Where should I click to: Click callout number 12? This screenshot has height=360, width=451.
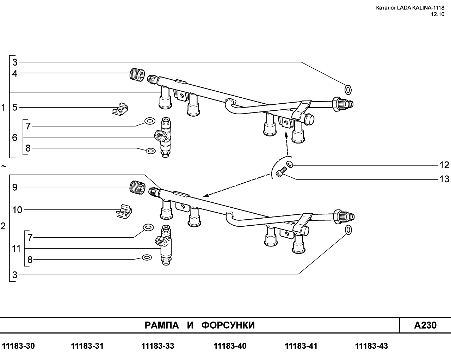click(444, 165)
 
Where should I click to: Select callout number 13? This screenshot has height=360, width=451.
click(444, 179)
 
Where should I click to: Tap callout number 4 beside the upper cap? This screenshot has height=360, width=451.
click(15, 74)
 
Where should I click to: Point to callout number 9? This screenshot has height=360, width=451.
click(15, 187)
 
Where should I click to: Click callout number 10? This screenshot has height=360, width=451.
click(17, 210)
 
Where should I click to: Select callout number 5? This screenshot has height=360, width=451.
click(15, 108)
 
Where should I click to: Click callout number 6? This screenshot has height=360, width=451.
click(15, 138)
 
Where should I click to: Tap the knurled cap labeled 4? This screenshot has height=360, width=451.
click(137, 75)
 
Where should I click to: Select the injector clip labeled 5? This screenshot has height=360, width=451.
click(120, 110)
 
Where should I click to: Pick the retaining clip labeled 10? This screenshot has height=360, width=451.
click(124, 212)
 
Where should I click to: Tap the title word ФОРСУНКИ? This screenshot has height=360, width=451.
click(228, 325)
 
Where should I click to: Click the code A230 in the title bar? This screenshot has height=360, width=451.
click(425, 325)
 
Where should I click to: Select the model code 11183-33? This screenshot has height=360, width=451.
click(158, 346)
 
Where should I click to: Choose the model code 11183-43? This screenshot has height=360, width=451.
click(372, 346)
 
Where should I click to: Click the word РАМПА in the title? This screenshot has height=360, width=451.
click(162, 325)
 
